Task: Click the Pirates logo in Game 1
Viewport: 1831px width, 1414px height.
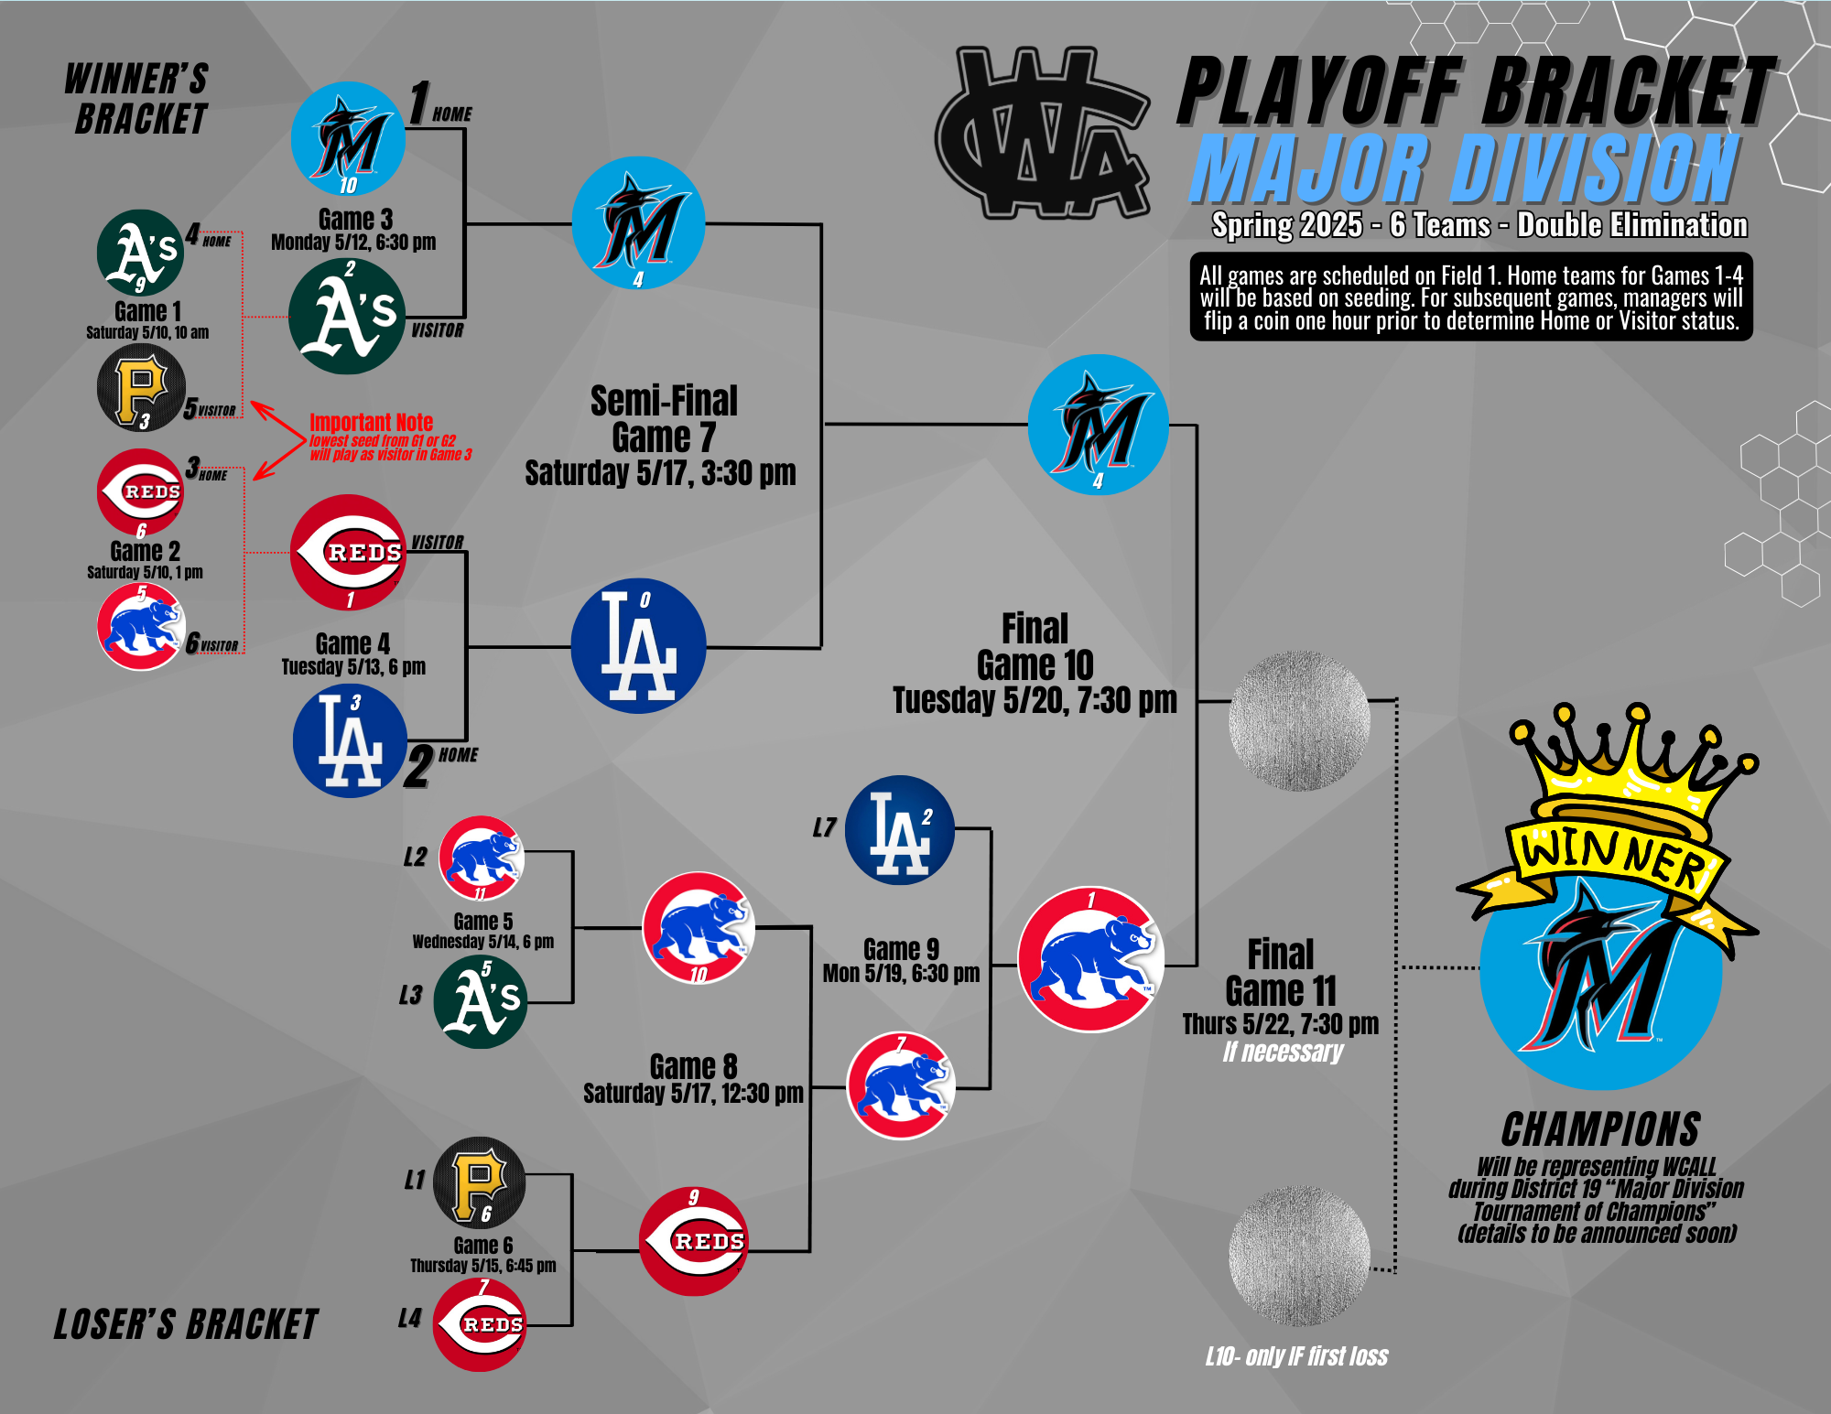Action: [141, 388]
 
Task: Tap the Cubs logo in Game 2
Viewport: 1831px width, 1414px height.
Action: [141, 627]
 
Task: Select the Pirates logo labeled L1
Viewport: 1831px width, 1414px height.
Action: [479, 1182]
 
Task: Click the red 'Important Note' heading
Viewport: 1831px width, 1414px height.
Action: [371, 422]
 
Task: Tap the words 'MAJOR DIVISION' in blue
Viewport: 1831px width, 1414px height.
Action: [1464, 168]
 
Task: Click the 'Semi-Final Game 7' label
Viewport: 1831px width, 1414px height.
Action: [664, 418]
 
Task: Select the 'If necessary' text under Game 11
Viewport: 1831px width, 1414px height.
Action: [1283, 1052]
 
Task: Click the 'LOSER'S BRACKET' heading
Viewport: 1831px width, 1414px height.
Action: [186, 1324]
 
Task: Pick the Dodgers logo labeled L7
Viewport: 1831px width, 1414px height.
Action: [900, 830]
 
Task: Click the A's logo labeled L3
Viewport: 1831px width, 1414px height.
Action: [480, 1001]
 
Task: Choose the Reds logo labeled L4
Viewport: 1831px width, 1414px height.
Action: [480, 1324]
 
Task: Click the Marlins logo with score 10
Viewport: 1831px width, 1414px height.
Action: [348, 139]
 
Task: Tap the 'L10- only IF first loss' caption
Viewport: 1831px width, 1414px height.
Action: [1296, 1356]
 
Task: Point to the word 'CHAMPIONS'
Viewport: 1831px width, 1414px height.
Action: [1601, 1129]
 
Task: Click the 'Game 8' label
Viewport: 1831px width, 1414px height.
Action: [693, 1066]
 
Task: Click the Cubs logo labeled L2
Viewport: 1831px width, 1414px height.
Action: [482, 858]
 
